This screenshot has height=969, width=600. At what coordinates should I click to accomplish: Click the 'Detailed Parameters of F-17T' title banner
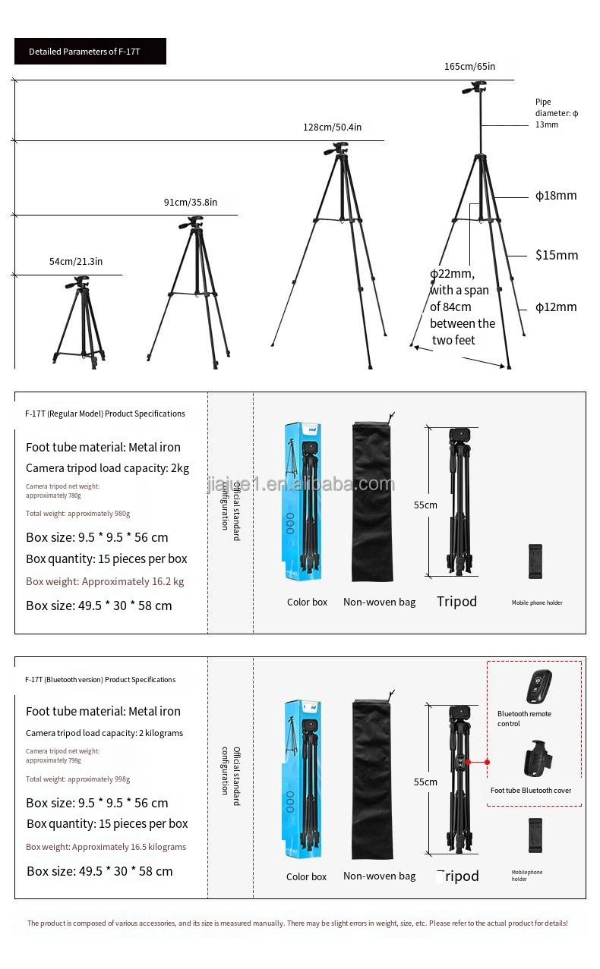90,52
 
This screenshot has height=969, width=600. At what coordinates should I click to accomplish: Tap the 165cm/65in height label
469,66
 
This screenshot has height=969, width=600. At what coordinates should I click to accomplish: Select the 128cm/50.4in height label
332,127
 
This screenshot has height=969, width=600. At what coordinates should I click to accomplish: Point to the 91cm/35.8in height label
191,202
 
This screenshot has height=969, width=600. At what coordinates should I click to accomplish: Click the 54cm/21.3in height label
76,261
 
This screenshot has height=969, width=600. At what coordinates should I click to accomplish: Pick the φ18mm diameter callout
556,196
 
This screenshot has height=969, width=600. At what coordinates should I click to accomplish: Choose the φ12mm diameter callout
556,307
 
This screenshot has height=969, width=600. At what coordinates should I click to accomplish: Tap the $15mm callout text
556,255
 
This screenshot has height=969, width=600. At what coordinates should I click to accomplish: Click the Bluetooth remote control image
538,687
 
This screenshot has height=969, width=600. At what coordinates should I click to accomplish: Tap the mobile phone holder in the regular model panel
536,562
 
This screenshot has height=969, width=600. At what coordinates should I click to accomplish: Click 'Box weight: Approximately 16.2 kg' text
105,581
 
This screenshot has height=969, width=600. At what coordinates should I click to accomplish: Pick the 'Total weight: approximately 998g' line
77,779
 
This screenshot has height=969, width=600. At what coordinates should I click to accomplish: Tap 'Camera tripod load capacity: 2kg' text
107,468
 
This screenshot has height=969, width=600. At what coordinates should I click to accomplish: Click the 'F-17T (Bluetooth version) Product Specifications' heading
100,680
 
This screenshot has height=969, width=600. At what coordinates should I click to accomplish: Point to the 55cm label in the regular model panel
425,505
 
